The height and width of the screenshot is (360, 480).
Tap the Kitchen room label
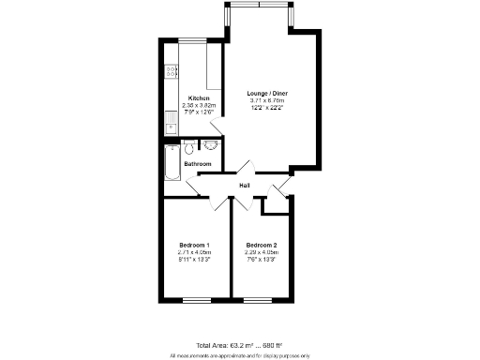click(x=198, y=98)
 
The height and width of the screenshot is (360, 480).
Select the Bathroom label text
click(x=197, y=164)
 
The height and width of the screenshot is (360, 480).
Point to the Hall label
click(x=244, y=186)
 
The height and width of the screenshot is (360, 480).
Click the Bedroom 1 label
click(x=194, y=245)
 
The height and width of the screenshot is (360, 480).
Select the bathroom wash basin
click(x=209, y=145)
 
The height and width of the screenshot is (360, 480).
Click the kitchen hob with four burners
click(x=172, y=69)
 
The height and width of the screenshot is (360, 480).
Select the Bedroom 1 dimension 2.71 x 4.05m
click(x=194, y=252)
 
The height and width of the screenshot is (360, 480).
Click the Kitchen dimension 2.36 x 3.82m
click(x=198, y=106)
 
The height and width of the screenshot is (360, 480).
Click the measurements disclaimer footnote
click(x=239, y=355)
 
